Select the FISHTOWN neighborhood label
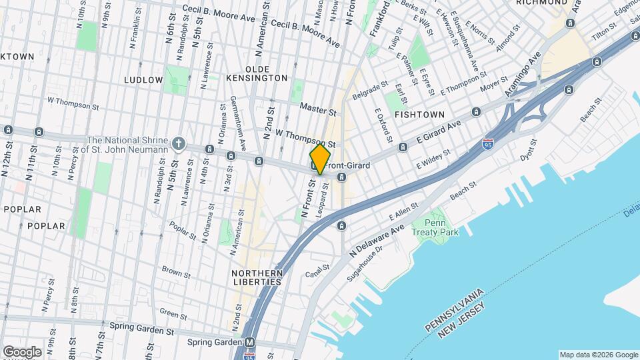(x=419, y=115)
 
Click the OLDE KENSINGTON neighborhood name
(x=266, y=74)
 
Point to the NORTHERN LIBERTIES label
(x=257, y=277)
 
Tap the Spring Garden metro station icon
(x=250, y=343)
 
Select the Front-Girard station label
(x=347, y=165)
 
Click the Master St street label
(x=315, y=107)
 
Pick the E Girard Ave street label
(x=439, y=133)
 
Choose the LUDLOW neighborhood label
(x=143, y=80)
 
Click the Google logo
(x=22, y=351)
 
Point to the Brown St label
(x=176, y=272)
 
